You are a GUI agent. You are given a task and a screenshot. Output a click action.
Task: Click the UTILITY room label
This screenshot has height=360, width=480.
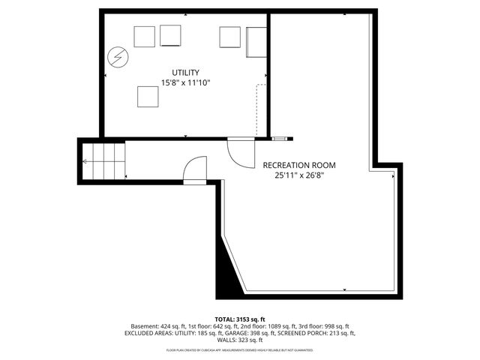185,73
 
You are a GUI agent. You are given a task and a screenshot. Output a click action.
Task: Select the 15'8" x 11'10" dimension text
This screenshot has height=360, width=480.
185,83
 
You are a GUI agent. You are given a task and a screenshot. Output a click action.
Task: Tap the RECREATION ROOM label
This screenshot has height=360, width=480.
298,165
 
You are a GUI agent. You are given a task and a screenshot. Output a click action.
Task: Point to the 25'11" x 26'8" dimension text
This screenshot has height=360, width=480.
298,176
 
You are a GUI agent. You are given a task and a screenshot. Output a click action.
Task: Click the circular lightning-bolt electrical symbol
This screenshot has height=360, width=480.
118,56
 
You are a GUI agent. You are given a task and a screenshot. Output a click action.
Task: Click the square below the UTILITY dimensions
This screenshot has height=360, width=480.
148,97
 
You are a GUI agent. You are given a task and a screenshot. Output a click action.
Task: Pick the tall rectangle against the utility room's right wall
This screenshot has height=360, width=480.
256,41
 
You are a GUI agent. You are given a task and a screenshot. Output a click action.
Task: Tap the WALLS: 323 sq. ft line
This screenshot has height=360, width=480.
241,340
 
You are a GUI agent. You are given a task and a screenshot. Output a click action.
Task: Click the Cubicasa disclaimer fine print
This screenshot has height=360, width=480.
240,350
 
